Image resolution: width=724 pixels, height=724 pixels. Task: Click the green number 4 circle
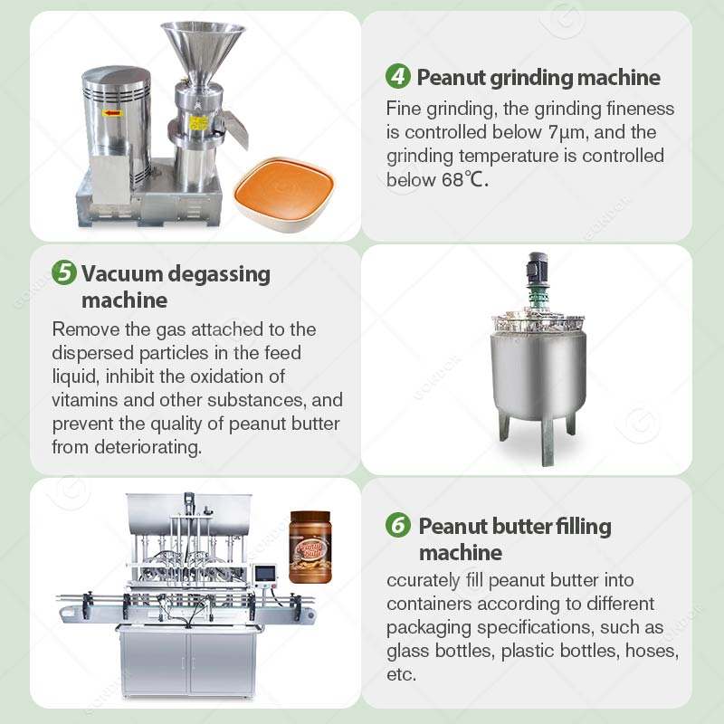397,76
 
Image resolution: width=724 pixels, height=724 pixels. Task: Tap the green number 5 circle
63,272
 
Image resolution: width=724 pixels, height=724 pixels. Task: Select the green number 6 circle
397,525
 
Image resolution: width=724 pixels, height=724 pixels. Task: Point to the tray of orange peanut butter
284,194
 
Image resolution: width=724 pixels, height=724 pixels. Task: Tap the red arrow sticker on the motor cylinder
112,112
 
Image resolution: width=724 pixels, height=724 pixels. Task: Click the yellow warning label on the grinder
199,123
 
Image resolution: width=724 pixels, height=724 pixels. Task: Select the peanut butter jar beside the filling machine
310,548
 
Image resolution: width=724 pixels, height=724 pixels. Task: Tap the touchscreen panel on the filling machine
265,574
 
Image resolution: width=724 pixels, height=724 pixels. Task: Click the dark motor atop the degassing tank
538,268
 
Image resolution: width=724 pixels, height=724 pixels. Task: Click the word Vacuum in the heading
121,274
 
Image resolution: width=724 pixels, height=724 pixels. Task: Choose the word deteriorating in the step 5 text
148,447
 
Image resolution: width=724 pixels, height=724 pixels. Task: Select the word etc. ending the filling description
401,674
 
